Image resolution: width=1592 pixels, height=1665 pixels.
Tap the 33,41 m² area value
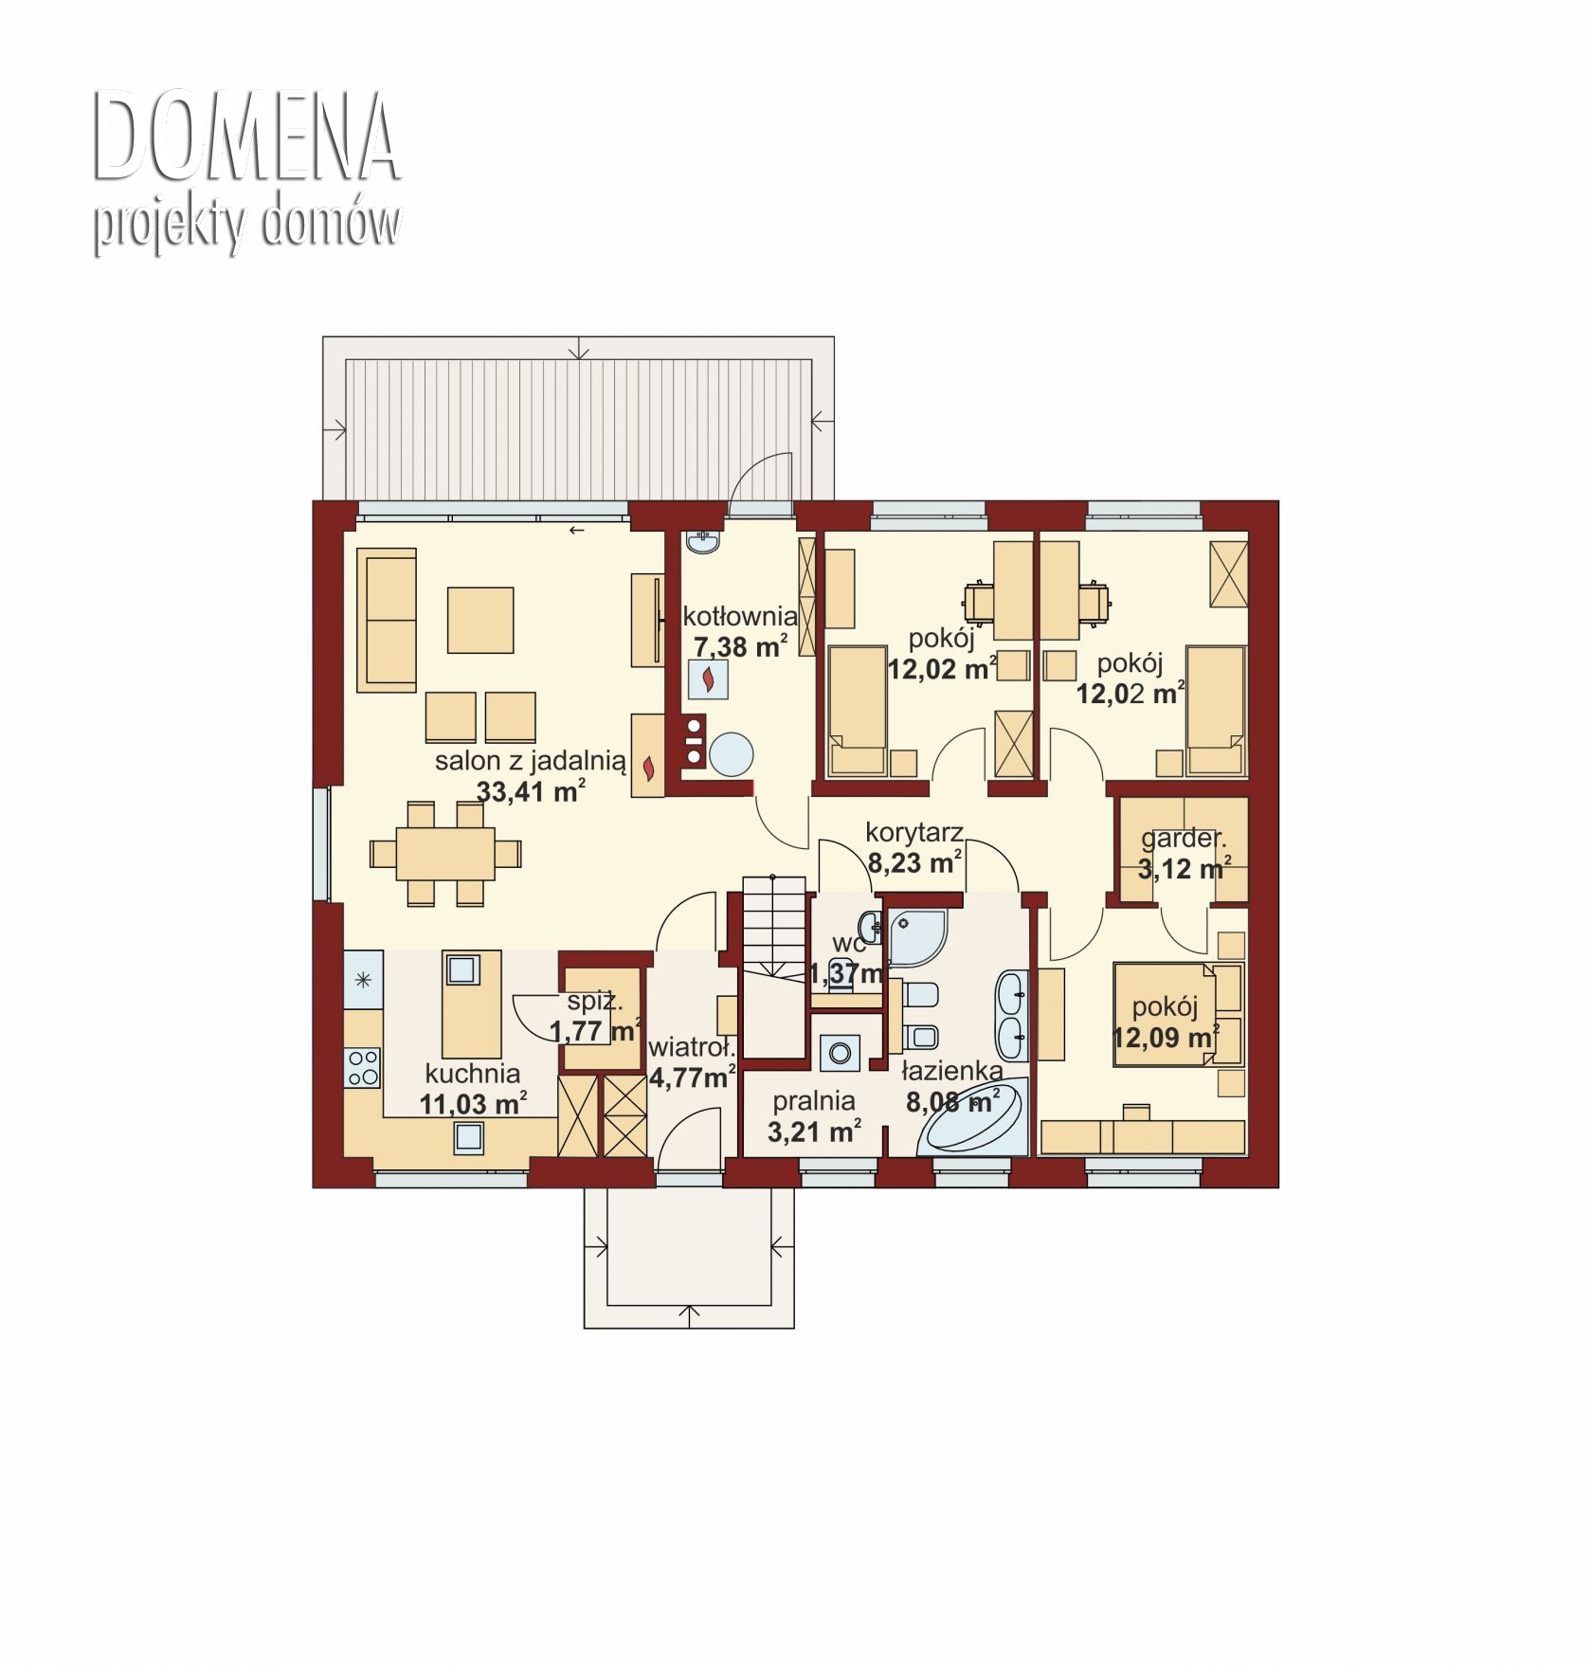531,790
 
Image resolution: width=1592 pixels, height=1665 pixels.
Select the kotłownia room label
740,617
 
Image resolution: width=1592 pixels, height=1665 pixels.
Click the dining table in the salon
445,853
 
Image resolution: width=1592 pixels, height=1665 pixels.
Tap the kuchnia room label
473,1074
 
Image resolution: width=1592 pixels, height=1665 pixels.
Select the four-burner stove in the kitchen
362,1067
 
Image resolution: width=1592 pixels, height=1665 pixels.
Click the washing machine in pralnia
838,1053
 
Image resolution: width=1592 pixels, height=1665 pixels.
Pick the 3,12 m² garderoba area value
1185,868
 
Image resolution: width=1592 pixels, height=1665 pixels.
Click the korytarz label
914,833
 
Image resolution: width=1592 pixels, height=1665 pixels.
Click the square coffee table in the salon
480,620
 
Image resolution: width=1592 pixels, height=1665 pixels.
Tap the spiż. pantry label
595,1001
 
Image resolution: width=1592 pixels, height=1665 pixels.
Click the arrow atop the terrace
580,348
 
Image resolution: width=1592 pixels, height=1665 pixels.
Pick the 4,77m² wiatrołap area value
693,1077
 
